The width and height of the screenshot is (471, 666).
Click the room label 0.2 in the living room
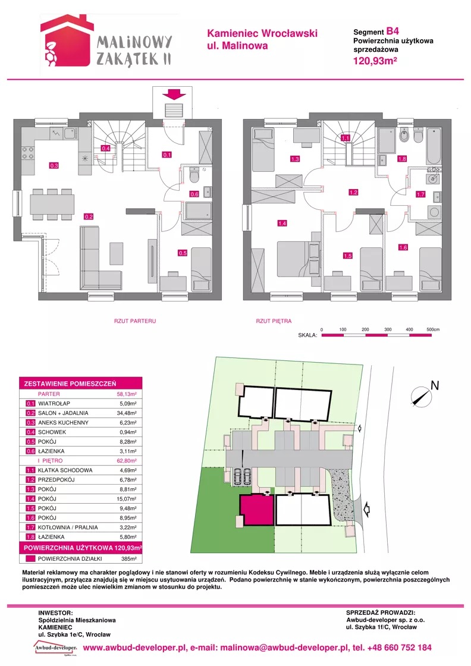pyautogui.click(x=89, y=216)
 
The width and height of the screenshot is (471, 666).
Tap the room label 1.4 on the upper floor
pyautogui.click(x=282, y=223)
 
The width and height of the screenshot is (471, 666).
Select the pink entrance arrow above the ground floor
pyautogui.click(x=175, y=93)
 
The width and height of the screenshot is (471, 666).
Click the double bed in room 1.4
pyautogui.click(x=299, y=259)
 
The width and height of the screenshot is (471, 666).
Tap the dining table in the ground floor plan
pyautogui.click(x=52, y=205)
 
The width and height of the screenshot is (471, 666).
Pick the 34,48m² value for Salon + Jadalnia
pyautogui.click(x=127, y=413)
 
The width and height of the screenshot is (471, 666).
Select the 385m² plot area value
pyautogui.click(x=129, y=559)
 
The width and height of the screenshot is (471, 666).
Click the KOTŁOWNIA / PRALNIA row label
pyautogui.click(x=68, y=527)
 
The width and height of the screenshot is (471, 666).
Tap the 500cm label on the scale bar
pyautogui.click(x=433, y=329)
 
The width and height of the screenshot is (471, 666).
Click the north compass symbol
pyautogui.click(x=421, y=396)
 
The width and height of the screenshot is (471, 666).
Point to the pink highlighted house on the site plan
pyautogui.click(x=256, y=510)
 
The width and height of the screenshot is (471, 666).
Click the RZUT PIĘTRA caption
pyautogui.click(x=274, y=321)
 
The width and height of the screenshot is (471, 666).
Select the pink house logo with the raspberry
pyautogui.click(x=67, y=40)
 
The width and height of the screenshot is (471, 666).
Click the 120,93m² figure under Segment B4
pyautogui.click(x=375, y=61)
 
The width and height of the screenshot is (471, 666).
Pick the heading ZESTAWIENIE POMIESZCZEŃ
pyautogui.click(x=70, y=384)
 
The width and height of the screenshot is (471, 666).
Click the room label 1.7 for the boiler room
pyautogui.click(x=420, y=194)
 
